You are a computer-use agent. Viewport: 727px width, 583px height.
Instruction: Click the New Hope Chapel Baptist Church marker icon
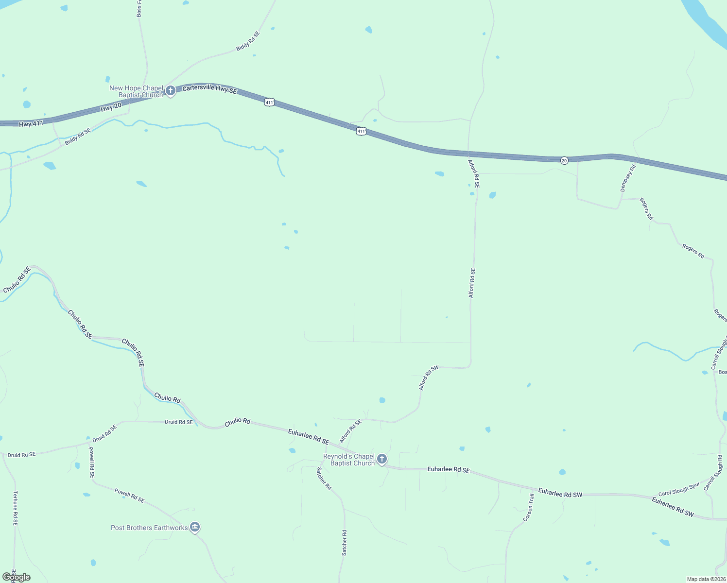click(170, 90)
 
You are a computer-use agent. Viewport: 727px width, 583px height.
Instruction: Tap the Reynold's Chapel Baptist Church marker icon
click(382, 459)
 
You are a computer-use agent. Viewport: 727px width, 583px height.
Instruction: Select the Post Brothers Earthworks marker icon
click(195, 527)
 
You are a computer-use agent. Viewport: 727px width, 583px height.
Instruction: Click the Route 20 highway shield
click(564, 160)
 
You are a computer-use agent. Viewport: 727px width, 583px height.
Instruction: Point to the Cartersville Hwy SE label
click(210, 88)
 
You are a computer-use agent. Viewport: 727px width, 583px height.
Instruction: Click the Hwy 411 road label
click(31, 124)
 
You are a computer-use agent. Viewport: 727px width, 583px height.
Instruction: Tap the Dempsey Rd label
click(628, 178)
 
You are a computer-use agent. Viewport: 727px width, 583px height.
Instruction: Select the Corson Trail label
click(528, 508)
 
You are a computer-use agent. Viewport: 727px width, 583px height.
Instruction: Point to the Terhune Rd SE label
click(15, 508)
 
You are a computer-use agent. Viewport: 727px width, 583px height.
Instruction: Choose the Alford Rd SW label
click(429, 377)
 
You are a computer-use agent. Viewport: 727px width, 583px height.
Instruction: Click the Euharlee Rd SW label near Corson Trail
click(560, 493)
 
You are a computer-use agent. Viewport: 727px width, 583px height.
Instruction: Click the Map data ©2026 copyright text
click(706, 579)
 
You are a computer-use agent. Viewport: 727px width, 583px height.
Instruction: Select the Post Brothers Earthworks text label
click(149, 528)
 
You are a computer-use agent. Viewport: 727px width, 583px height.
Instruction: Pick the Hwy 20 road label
click(111, 107)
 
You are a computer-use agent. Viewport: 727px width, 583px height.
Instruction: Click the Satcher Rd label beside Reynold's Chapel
click(324, 478)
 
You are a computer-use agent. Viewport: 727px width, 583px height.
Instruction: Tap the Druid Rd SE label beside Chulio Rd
click(179, 422)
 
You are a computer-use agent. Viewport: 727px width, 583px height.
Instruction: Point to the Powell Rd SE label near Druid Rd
click(92, 462)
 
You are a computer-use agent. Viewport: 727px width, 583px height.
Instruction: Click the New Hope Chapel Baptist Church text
click(137, 91)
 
